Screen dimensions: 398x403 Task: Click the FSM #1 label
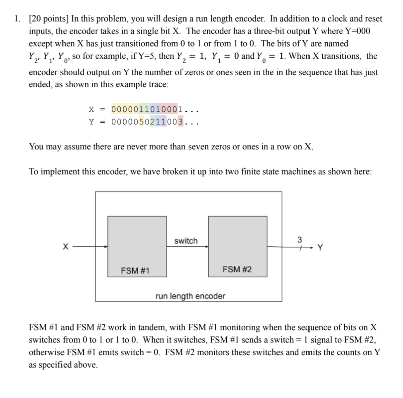(135, 270)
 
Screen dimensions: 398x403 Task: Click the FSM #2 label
(237, 270)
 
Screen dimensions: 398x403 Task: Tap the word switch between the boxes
(186, 241)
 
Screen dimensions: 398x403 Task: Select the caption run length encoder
(190, 296)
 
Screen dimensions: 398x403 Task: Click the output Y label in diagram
(319, 248)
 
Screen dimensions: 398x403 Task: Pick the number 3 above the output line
(300, 240)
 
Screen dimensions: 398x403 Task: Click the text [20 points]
(48, 19)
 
